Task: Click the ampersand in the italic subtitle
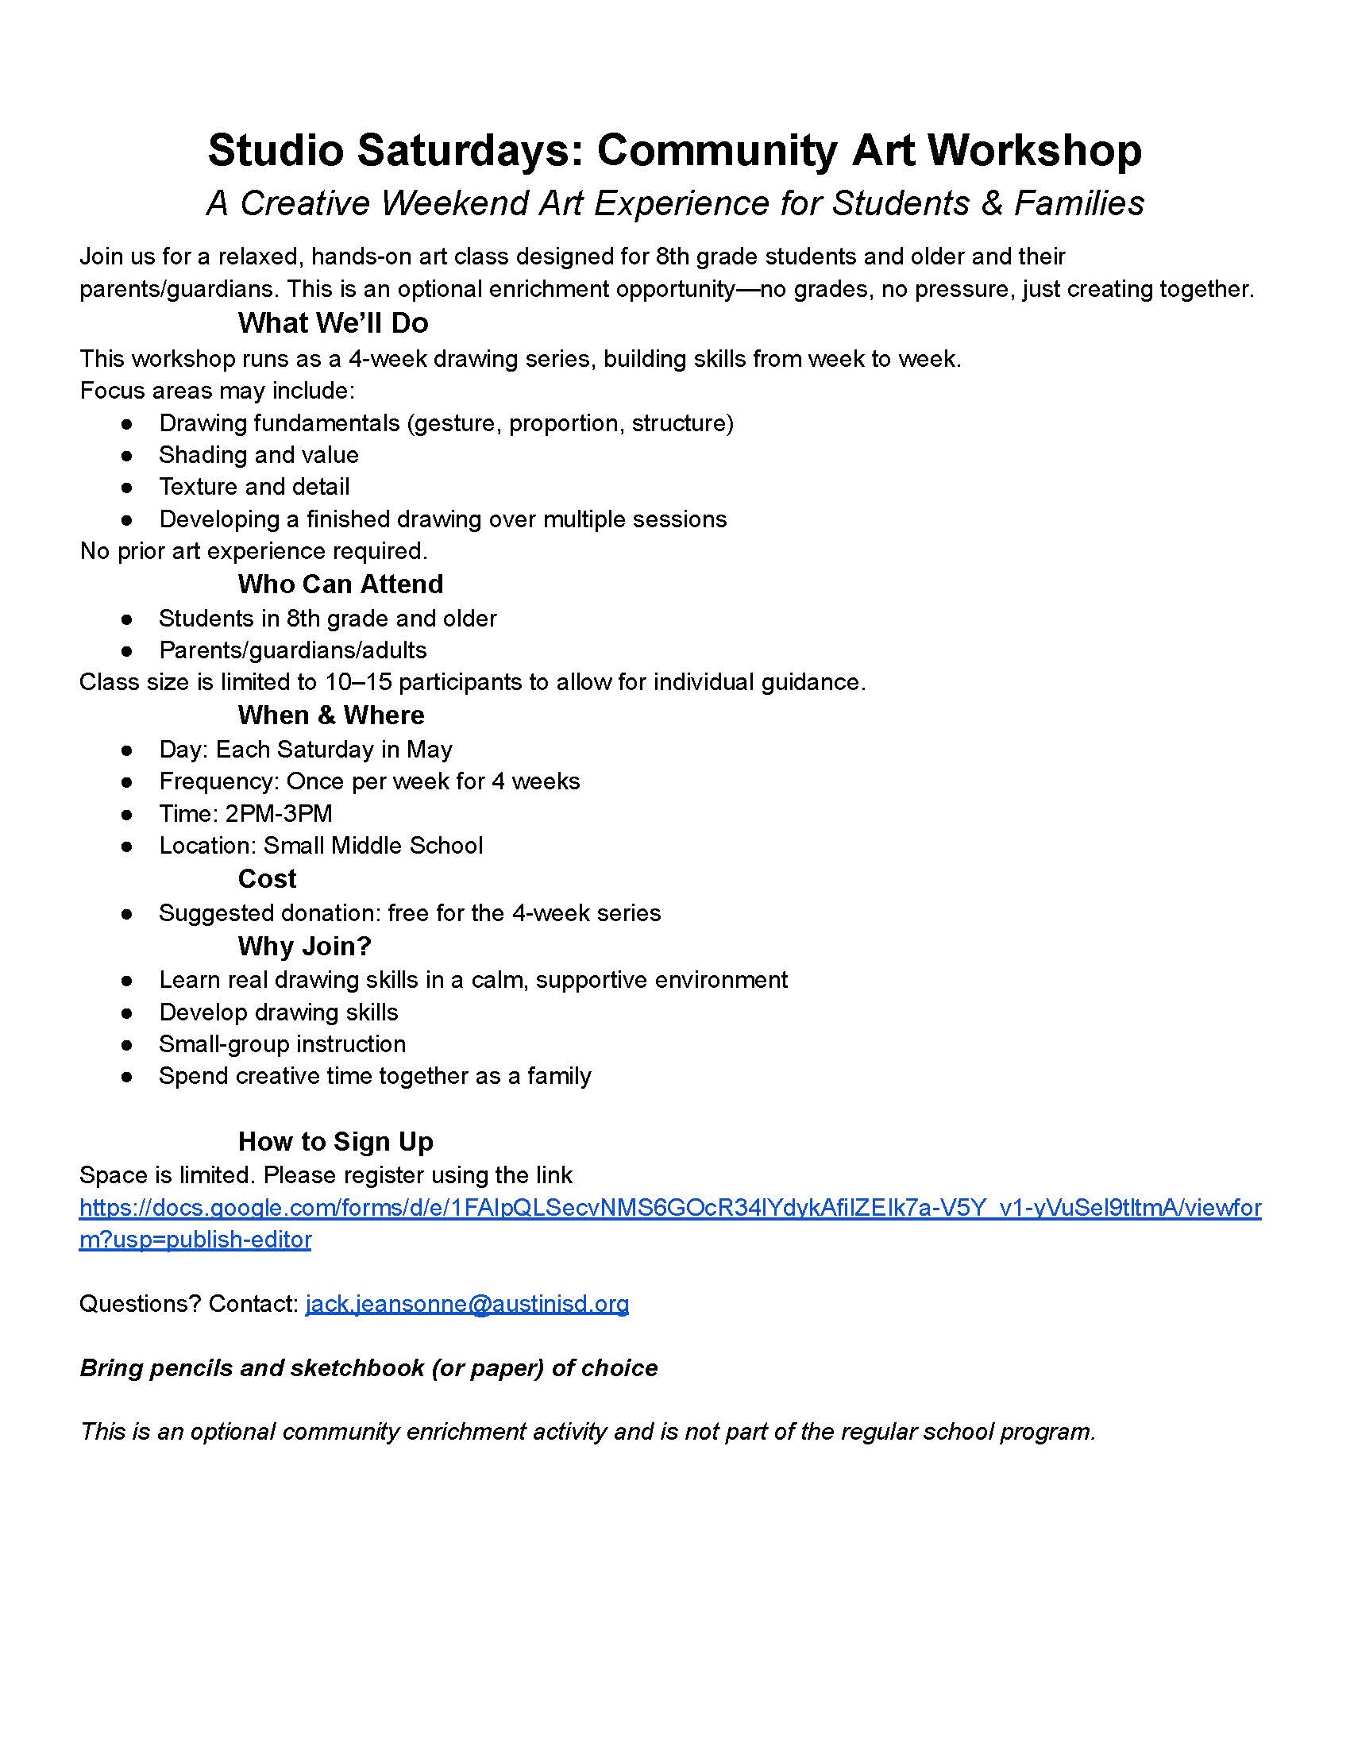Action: click(x=991, y=203)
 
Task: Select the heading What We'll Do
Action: click(x=333, y=323)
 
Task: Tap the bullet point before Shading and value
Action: click(x=126, y=456)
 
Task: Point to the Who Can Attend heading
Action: click(x=340, y=584)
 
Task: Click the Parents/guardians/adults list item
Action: click(x=293, y=650)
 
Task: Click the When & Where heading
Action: click(x=331, y=715)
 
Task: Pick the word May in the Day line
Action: click(x=430, y=750)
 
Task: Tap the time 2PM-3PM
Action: click(x=278, y=813)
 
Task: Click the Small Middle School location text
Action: click(x=372, y=846)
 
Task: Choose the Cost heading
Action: click(x=267, y=879)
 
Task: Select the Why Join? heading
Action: click(x=305, y=947)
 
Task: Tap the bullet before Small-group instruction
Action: click(x=126, y=1046)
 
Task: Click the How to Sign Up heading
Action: click(x=336, y=1141)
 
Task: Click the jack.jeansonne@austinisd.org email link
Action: click(x=467, y=1304)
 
